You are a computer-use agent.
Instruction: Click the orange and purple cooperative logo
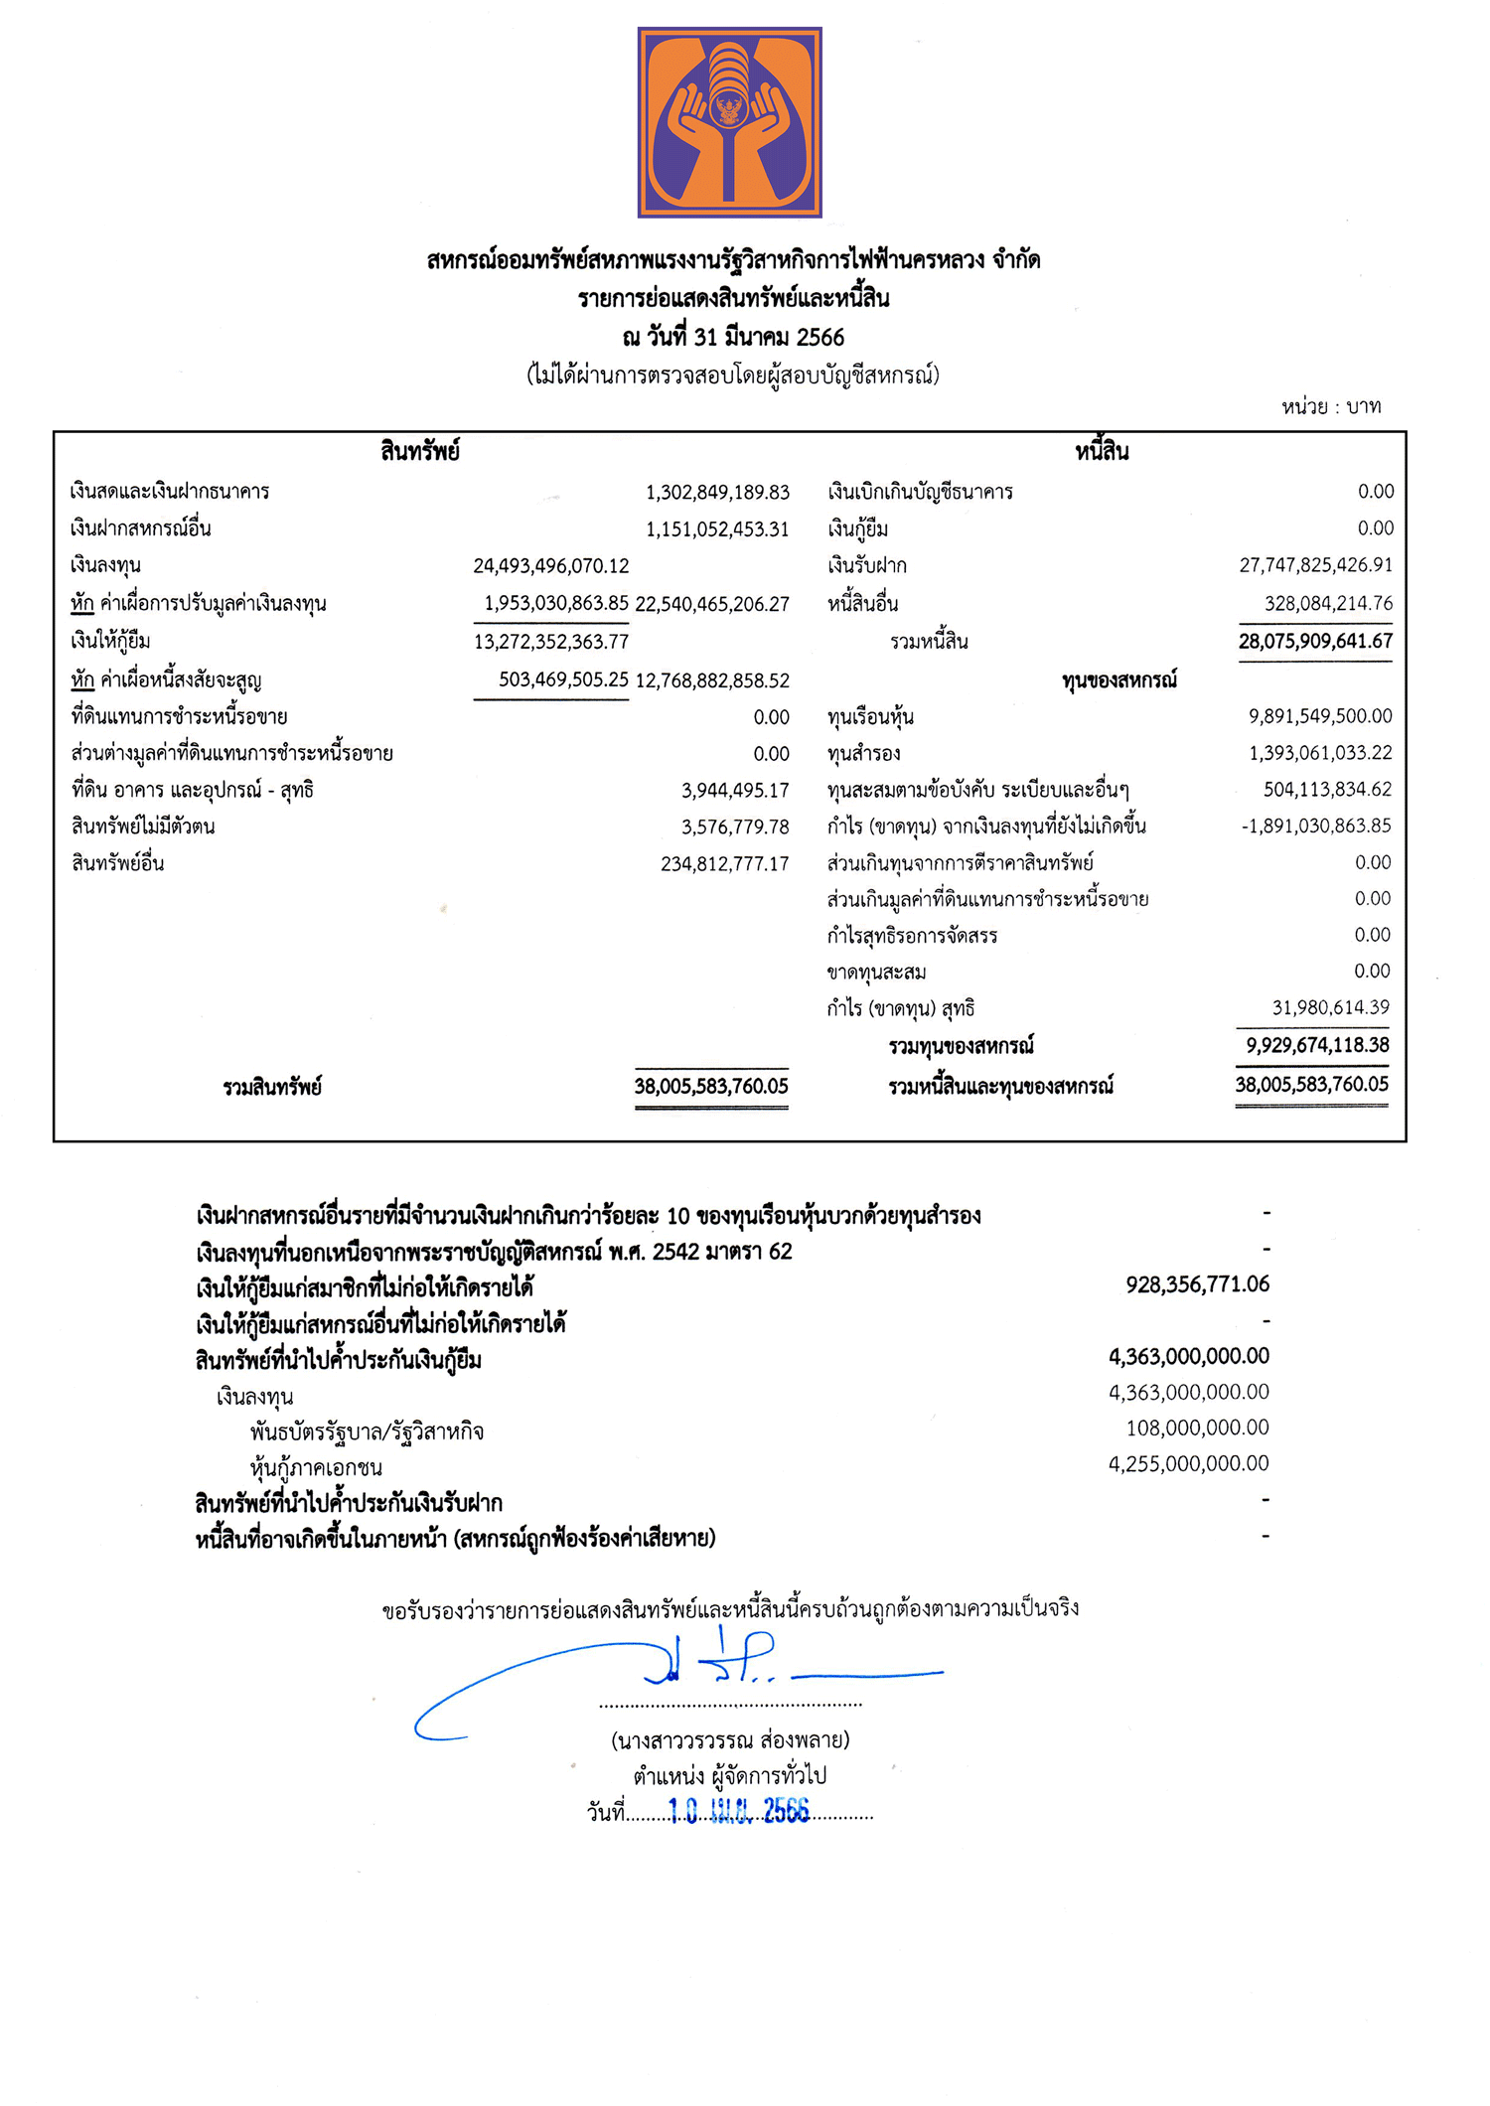(x=729, y=122)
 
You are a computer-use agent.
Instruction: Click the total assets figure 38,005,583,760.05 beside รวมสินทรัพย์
(x=711, y=1086)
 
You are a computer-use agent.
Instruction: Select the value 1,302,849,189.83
(x=717, y=492)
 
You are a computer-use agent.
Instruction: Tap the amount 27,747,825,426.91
(x=1315, y=565)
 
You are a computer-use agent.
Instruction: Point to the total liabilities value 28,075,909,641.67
(x=1315, y=641)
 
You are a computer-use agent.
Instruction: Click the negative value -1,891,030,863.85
(x=1315, y=826)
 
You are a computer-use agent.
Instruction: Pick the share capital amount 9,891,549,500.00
(x=1320, y=716)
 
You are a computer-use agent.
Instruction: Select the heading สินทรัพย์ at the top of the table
(x=419, y=452)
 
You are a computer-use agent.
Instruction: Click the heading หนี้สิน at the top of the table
(x=1102, y=452)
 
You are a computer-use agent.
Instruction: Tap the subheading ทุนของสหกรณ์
(x=1118, y=680)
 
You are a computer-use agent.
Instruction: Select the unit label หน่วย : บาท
(x=1330, y=406)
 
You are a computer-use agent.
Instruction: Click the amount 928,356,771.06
(x=1197, y=1284)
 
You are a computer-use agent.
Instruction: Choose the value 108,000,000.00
(x=1197, y=1428)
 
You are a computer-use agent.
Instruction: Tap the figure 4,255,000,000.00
(x=1188, y=1463)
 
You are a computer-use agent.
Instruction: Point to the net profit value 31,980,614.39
(x=1330, y=1007)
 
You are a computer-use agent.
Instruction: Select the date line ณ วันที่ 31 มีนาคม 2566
(x=733, y=337)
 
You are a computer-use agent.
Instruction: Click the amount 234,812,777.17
(x=724, y=863)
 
